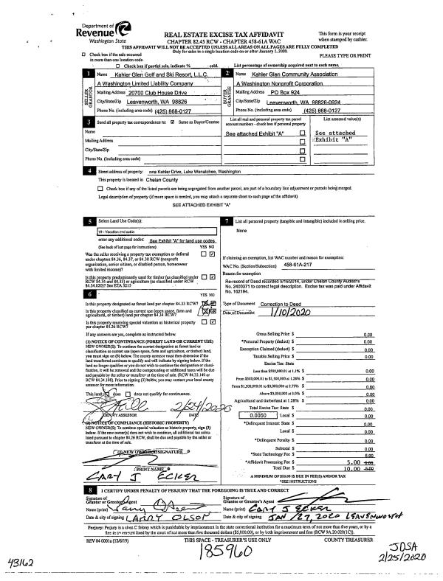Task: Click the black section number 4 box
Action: (89, 171)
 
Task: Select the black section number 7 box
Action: (226, 221)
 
